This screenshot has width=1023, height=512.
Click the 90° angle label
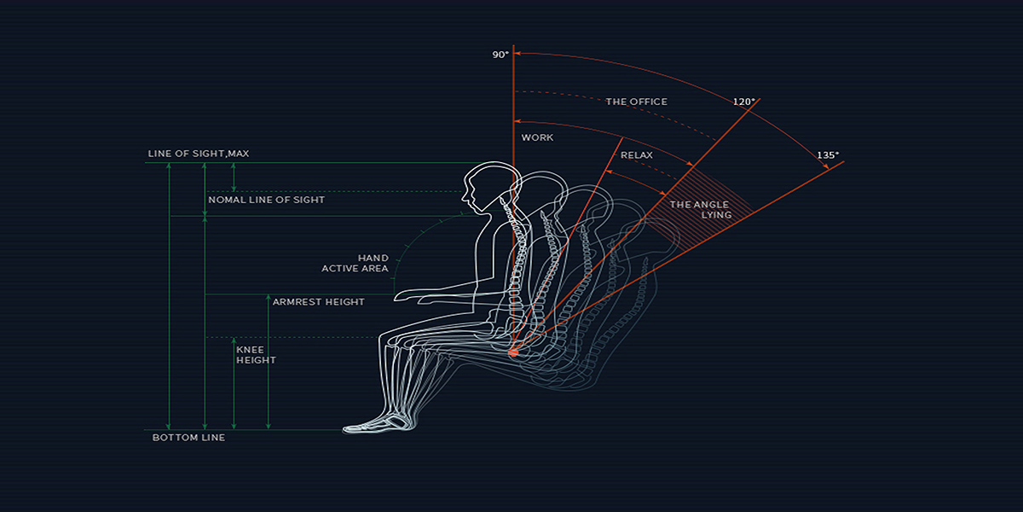pyautogui.click(x=500, y=55)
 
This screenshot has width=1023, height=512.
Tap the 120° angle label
pyautogui.click(x=744, y=102)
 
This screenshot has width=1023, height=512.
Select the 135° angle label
pyautogui.click(x=828, y=155)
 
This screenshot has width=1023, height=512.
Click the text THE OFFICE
pyautogui.click(x=636, y=102)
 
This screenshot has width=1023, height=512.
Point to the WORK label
pyautogui.click(x=537, y=137)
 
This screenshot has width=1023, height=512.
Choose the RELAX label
pyautogui.click(x=636, y=155)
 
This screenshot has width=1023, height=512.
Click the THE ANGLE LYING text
pyautogui.click(x=701, y=210)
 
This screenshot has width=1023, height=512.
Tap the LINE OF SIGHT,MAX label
pyautogui.click(x=198, y=154)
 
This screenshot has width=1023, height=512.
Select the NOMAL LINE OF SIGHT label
pyautogui.click(x=266, y=200)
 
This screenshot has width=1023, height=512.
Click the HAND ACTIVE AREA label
pyautogui.click(x=355, y=264)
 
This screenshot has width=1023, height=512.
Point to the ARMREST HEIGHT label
pyautogui.click(x=318, y=302)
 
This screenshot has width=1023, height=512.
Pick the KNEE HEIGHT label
pyautogui.click(x=256, y=355)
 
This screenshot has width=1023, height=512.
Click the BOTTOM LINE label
pyautogui.click(x=188, y=438)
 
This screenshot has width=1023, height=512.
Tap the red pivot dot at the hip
pyautogui.click(x=513, y=352)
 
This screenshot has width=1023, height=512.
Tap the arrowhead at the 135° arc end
pyautogui.click(x=826, y=166)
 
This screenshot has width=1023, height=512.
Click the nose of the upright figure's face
pyautogui.click(x=463, y=198)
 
